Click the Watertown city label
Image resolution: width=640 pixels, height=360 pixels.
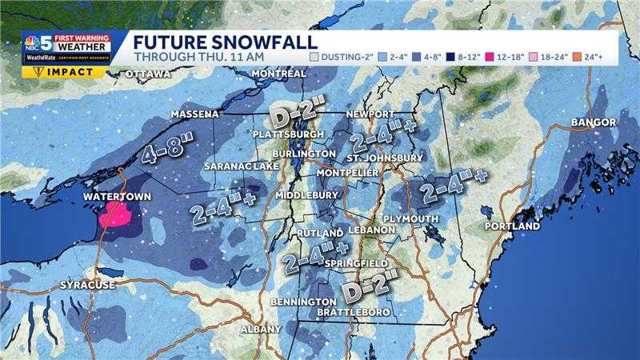111,195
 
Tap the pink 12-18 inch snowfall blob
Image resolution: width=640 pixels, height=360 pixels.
117,214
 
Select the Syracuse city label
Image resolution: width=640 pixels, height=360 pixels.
88,286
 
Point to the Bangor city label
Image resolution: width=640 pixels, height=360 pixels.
594,122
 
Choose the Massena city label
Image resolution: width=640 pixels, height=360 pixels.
194,115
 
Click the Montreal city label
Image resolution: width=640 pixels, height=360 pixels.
278,74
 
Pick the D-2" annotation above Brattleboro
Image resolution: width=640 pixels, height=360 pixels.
369,285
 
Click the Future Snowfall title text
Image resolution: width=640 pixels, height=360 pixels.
225,42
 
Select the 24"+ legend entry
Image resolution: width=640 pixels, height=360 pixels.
600,58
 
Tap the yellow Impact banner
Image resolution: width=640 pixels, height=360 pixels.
64,71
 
